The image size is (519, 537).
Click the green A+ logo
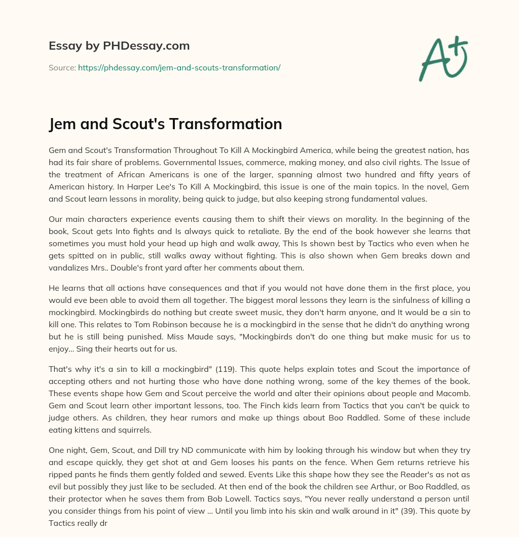tap(443, 58)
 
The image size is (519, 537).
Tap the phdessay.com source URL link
tap(179, 67)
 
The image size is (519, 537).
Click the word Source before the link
tap(62, 67)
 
